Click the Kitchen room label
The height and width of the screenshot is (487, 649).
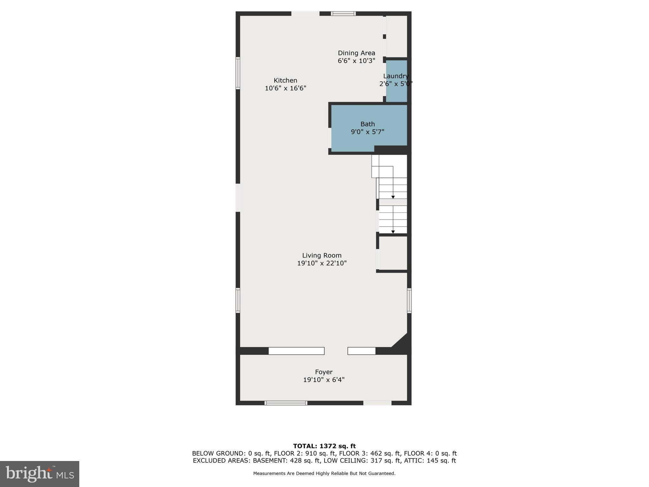coord(285,81)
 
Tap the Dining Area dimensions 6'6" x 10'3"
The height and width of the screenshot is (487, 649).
coord(356,61)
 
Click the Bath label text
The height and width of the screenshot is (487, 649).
coord(367,124)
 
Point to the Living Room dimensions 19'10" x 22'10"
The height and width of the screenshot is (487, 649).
coord(321,263)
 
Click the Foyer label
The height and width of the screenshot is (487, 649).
coord(323,372)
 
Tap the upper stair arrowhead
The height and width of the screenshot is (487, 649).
coord(393,197)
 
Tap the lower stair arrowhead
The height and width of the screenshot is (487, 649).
coord(393,232)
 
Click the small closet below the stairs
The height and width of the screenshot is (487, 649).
coord(393,253)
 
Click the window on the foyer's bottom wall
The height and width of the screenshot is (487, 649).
coord(286,403)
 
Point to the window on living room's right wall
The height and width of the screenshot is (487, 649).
coord(409,300)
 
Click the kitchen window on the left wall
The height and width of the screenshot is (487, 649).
coord(237,73)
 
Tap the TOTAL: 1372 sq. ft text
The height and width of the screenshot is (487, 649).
coord(324,446)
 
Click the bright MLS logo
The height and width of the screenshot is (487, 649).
coord(40,474)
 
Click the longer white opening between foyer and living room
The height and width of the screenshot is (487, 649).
coord(296,351)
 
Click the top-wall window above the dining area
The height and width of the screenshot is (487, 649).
coord(343,14)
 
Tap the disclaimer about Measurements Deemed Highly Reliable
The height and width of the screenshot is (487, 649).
coord(324,473)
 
